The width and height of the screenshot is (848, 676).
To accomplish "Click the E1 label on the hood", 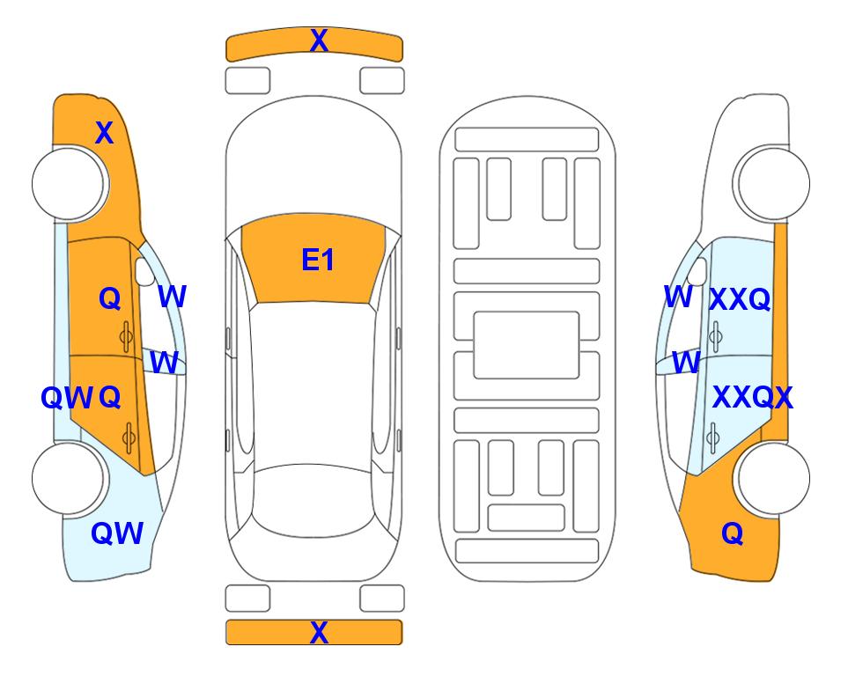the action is pyautogui.click(x=318, y=260).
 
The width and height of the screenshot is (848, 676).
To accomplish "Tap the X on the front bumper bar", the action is pyautogui.click(x=319, y=40).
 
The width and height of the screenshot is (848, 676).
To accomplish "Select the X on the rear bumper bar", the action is pyautogui.click(x=319, y=632).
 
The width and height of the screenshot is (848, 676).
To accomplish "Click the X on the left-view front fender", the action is pyautogui.click(x=105, y=133).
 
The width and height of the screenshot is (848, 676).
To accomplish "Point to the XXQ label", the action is pyautogui.click(x=740, y=299).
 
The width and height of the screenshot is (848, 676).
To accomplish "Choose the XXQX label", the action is pyautogui.click(x=752, y=398).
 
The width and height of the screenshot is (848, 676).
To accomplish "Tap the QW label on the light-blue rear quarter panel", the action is pyautogui.click(x=117, y=533).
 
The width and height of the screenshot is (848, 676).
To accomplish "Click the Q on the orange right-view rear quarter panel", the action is pyautogui.click(x=733, y=533).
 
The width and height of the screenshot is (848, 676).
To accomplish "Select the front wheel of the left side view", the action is pyautogui.click(x=69, y=184).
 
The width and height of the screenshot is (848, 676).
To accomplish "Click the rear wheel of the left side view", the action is pyautogui.click(x=69, y=478).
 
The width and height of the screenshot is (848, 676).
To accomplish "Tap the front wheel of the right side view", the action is pyautogui.click(x=773, y=184).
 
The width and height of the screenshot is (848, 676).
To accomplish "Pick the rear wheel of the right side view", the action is pyautogui.click(x=773, y=478).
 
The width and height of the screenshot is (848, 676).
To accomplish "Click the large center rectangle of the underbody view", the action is pyautogui.click(x=527, y=345).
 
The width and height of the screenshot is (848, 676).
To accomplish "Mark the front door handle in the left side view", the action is pyautogui.click(x=127, y=337).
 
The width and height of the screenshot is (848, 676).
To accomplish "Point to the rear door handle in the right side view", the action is pyautogui.click(x=714, y=437).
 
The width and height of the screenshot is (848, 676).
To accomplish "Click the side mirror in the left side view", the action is pyautogui.click(x=144, y=271).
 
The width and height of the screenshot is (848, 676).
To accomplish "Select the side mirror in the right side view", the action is pyautogui.click(x=698, y=271).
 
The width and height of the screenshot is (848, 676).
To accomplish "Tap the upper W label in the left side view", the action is pyautogui.click(x=172, y=297).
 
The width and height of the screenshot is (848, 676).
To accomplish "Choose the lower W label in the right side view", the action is pyautogui.click(x=686, y=362).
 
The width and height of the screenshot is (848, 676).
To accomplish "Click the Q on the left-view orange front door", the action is pyautogui.click(x=110, y=298).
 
